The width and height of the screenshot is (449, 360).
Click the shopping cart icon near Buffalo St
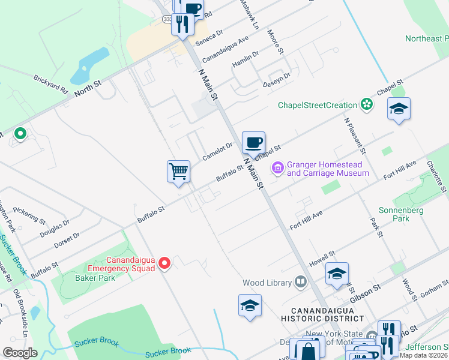(x=178, y=172)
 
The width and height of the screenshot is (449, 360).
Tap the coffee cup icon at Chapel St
(x=253, y=143)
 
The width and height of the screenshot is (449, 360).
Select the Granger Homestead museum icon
(x=278, y=169)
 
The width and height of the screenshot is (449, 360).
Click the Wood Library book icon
(x=300, y=282)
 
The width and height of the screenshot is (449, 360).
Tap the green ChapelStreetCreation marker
(x=366, y=105)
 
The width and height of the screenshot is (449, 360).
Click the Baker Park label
(x=90, y=278)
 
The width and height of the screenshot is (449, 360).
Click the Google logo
(x=20, y=352)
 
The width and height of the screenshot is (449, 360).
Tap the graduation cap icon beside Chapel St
(x=399, y=109)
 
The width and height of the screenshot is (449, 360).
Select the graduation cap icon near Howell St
(x=337, y=274)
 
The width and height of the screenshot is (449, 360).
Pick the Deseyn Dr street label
(x=277, y=80)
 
